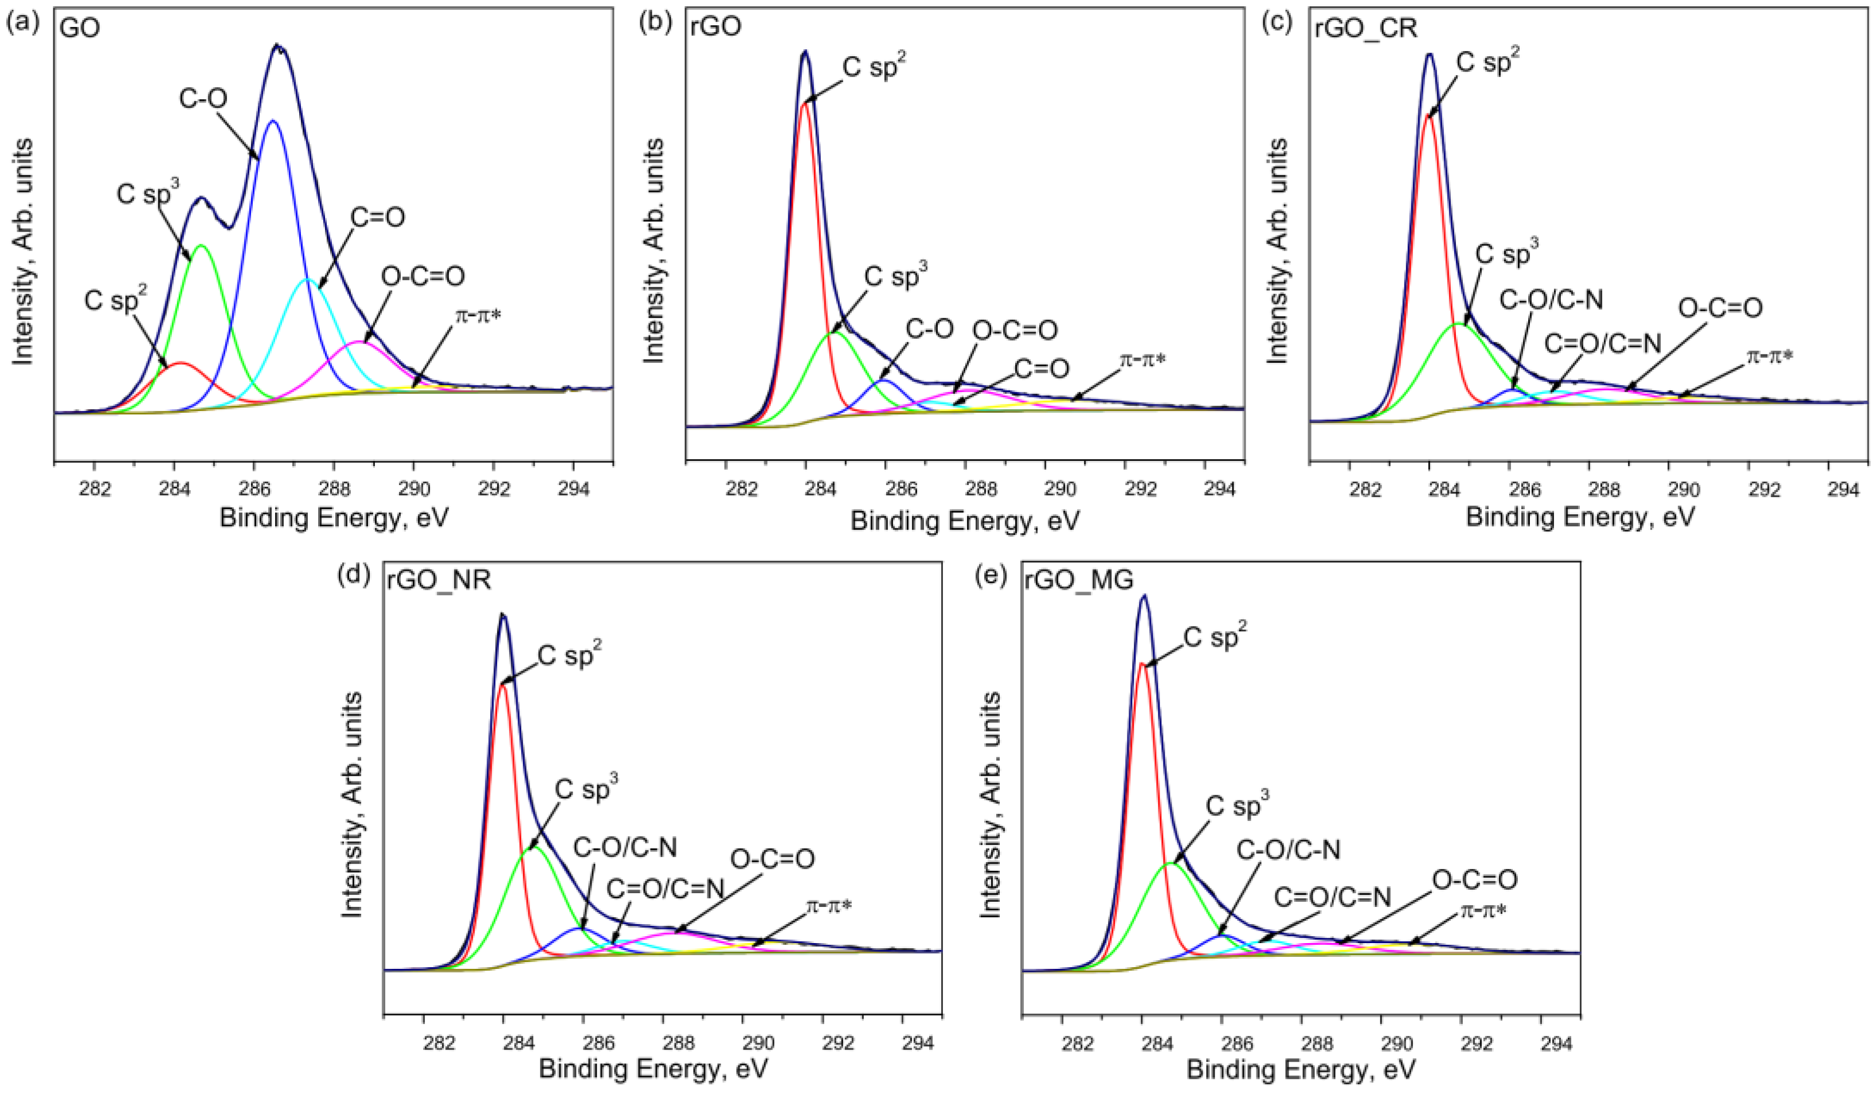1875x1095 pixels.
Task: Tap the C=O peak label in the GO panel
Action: pyautogui.click(x=377, y=217)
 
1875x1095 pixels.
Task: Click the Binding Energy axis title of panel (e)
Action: pyautogui.click(x=1301, y=1070)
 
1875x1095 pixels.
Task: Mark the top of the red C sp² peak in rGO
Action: pyautogui.click(x=804, y=104)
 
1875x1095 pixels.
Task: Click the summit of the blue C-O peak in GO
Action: pyautogui.click(x=273, y=120)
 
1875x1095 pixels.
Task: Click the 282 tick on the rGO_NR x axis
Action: pyautogui.click(x=439, y=1043)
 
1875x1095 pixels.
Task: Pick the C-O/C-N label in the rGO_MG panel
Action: pyautogui.click(x=1288, y=850)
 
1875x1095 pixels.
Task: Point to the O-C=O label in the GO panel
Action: pyautogui.click(x=422, y=276)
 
